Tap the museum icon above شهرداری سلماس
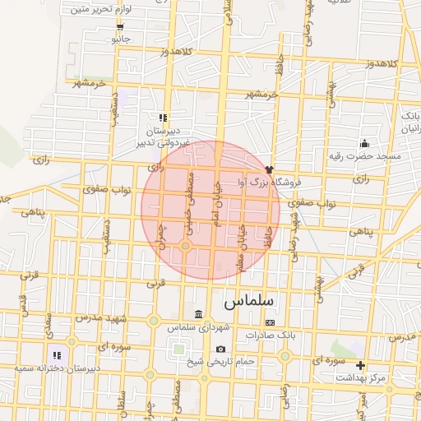click(197, 315)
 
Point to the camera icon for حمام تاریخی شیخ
click(220, 349)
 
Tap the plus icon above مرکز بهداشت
click(359, 365)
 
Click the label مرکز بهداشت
click(360, 377)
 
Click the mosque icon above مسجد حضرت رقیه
click(363, 145)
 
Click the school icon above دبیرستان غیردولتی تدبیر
click(163, 118)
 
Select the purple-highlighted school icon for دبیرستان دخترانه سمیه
click(56, 355)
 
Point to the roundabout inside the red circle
click(187, 246)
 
